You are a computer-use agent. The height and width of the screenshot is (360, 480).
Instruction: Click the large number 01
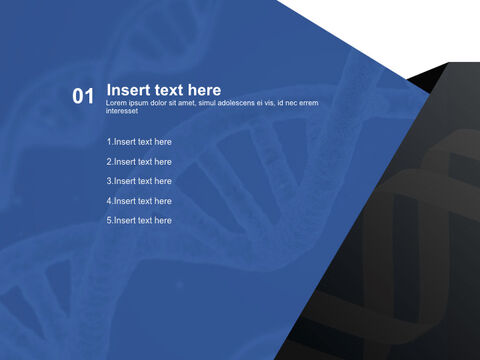click(x=83, y=97)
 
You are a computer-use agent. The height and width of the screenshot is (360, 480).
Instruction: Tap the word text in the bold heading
click(x=171, y=90)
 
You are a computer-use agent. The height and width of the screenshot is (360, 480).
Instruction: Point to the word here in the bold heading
click(x=204, y=90)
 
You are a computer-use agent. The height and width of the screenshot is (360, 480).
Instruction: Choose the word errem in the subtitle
click(x=308, y=103)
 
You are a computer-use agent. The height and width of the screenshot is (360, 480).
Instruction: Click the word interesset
click(x=124, y=111)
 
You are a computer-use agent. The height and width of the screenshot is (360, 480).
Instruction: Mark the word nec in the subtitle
click(x=288, y=103)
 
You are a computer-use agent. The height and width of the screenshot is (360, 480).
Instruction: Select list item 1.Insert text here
click(x=139, y=142)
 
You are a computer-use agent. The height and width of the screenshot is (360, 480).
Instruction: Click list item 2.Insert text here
click(x=139, y=162)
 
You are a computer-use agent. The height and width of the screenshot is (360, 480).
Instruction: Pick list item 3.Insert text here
click(x=139, y=181)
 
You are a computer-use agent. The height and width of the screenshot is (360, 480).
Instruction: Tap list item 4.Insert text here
click(x=139, y=201)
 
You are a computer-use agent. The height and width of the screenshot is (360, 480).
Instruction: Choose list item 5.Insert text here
click(x=139, y=220)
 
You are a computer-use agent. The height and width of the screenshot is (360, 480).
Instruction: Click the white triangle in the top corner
click(x=400, y=30)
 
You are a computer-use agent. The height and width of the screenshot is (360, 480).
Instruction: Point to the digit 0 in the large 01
click(x=78, y=97)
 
